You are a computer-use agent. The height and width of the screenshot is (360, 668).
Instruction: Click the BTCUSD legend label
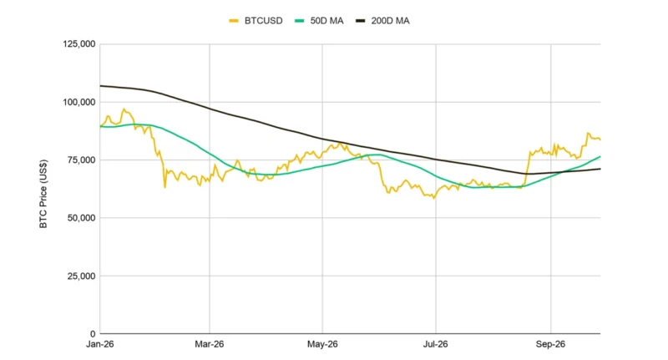[263, 21]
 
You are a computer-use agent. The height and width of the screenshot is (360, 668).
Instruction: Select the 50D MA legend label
[326, 21]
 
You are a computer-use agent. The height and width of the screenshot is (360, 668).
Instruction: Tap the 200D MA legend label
[390, 21]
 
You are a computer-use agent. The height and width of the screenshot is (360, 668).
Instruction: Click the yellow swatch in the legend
[234, 21]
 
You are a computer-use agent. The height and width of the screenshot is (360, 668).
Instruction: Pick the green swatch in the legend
[300, 21]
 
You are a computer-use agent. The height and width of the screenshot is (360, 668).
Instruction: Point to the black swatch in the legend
[361, 21]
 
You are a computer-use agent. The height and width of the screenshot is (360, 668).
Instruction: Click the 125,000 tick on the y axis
[79, 44]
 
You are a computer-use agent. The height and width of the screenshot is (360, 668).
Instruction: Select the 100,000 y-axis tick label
[79, 102]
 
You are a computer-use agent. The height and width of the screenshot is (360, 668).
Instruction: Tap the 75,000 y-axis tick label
[81, 160]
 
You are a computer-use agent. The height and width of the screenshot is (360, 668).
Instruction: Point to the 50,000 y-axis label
[81, 218]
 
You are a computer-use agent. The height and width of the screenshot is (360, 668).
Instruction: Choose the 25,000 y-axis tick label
[81, 276]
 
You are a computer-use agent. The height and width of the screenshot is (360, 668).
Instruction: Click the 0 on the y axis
[93, 334]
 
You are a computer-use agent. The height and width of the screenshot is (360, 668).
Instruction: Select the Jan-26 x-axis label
[100, 344]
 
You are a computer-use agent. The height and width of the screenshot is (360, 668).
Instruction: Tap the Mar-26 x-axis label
[210, 344]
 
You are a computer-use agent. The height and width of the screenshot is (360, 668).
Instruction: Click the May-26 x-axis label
[322, 344]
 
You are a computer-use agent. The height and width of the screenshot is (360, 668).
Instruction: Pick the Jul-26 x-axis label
[435, 344]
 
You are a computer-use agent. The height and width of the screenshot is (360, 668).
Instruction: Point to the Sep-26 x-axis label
[550, 344]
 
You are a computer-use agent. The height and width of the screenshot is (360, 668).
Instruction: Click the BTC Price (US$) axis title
[43, 194]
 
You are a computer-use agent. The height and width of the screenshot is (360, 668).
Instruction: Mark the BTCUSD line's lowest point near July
[434, 199]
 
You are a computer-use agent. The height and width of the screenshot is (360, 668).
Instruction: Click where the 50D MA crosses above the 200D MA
[562, 172]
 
